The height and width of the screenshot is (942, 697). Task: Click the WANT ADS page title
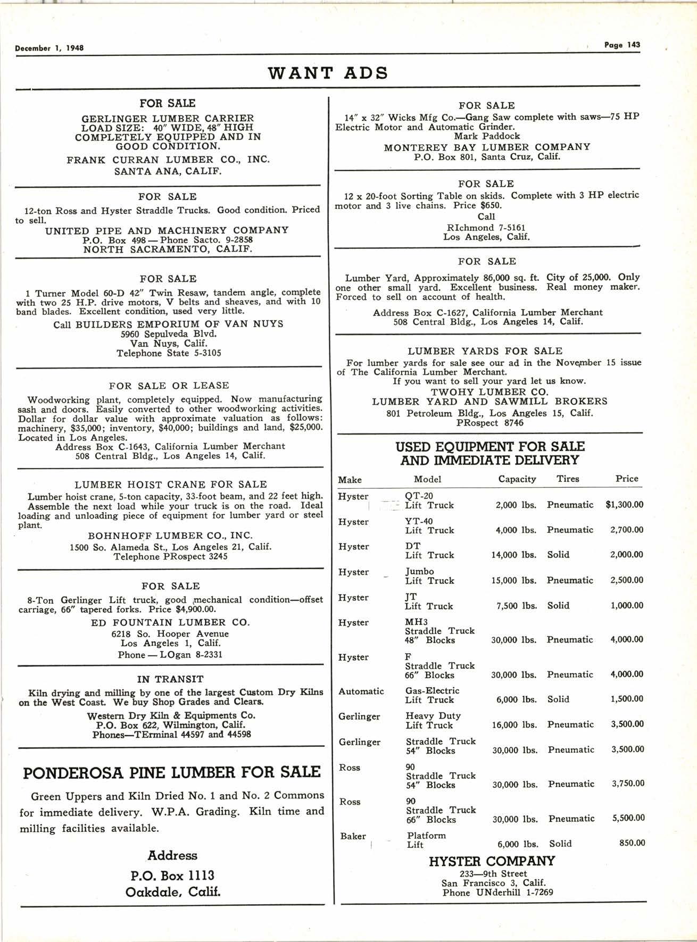pyautogui.click(x=328, y=72)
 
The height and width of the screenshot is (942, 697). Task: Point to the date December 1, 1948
pyautogui.click(x=49, y=48)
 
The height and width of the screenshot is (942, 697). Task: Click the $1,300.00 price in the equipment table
pyautogui.click(x=624, y=504)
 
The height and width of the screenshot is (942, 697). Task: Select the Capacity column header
pyautogui.click(x=517, y=479)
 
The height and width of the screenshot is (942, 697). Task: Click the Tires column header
pyautogui.click(x=568, y=479)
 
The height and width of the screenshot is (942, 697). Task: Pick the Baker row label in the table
pyautogui.click(x=353, y=836)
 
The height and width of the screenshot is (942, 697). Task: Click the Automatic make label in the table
pyautogui.click(x=361, y=691)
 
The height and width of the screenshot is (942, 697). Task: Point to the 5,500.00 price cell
pyautogui.click(x=628, y=818)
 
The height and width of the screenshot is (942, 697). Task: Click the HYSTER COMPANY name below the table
pyautogui.click(x=492, y=861)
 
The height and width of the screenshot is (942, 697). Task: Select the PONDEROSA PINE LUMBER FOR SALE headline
pyautogui.click(x=172, y=772)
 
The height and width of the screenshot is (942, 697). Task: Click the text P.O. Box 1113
pyautogui.click(x=172, y=875)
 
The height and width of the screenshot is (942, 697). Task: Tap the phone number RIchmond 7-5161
pyautogui.click(x=486, y=227)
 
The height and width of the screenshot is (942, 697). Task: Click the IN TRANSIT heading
pyautogui.click(x=170, y=679)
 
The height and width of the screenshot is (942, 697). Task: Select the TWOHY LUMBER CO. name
pyautogui.click(x=489, y=391)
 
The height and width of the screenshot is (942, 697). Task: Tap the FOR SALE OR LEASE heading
pyautogui.click(x=169, y=386)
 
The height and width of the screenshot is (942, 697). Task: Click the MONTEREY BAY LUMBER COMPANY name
pyautogui.click(x=487, y=147)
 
